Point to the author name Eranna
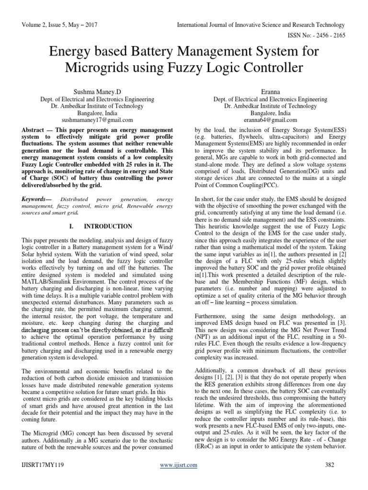(x=271, y=89)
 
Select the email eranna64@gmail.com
(x=271, y=120)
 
